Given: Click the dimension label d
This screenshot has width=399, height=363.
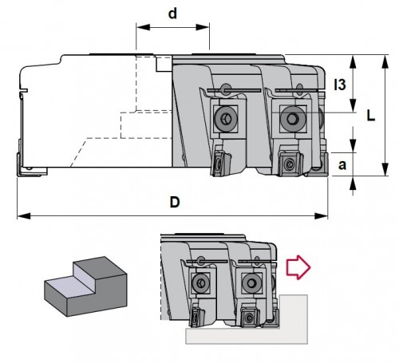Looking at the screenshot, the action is click(172, 14).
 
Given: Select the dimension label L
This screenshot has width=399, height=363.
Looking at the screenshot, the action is click(371, 116).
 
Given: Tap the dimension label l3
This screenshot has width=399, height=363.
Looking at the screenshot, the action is click(340, 85).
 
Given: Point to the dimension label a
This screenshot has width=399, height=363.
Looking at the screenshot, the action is click(342, 165).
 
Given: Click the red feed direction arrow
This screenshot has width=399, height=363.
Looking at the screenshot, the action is click(298, 267).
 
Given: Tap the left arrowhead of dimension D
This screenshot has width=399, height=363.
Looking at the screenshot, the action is click(24, 215).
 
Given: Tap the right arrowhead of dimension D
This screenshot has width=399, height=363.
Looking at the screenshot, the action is click(322, 215).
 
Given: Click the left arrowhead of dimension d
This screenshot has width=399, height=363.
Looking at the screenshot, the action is click(143, 27).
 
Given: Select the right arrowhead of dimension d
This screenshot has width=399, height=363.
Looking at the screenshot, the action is click(203, 27).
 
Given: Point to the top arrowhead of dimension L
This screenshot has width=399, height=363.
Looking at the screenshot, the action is click(385, 61).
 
